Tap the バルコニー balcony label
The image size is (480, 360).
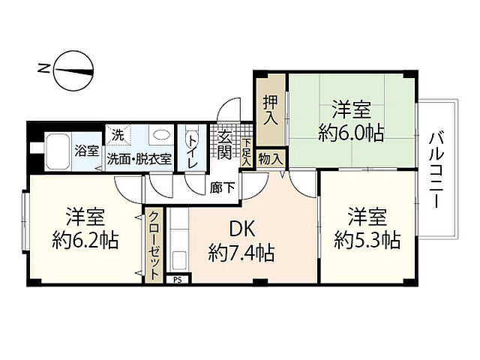point(436,169)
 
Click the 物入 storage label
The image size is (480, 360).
point(270,158)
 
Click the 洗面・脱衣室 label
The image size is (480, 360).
point(139,158)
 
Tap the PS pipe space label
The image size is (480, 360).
point(177,280)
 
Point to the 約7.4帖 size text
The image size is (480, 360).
point(241,251)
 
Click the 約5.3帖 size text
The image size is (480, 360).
point(367,240)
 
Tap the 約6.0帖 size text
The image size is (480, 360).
point(351,133)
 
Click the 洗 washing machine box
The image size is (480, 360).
point(117,135)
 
